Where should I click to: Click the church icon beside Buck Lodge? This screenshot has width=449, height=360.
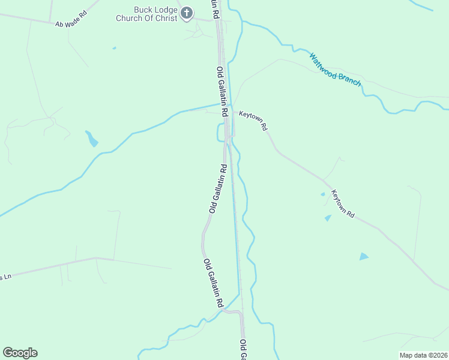pyautogui.click(x=187, y=13)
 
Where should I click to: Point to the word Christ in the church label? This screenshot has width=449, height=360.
pyautogui.click(x=165, y=18)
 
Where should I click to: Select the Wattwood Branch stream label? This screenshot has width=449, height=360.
pyautogui.click(x=335, y=70)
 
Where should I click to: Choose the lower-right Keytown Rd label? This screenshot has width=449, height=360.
pyautogui.click(x=343, y=204)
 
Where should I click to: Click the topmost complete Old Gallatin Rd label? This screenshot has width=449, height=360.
pyautogui.click(x=222, y=92)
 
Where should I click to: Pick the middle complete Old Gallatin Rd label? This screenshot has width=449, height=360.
pyautogui.click(x=217, y=188)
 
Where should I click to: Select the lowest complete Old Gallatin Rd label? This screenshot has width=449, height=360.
pyautogui.click(x=213, y=283)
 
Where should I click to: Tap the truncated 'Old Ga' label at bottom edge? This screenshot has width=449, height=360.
pyautogui.click(x=244, y=350)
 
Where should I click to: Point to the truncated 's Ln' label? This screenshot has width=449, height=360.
pyautogui.click(x=5, y=277)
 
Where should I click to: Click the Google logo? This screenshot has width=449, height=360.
pyautogui.click(x=20, y=353)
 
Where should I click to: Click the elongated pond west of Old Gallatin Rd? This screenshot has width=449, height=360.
pyautogui.click(x=92, y=139)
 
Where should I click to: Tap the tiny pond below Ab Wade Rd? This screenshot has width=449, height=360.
pyautogui.click(x=114, y=48)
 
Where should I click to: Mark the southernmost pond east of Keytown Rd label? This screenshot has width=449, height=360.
pyautogui.click(x=364, y=257)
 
